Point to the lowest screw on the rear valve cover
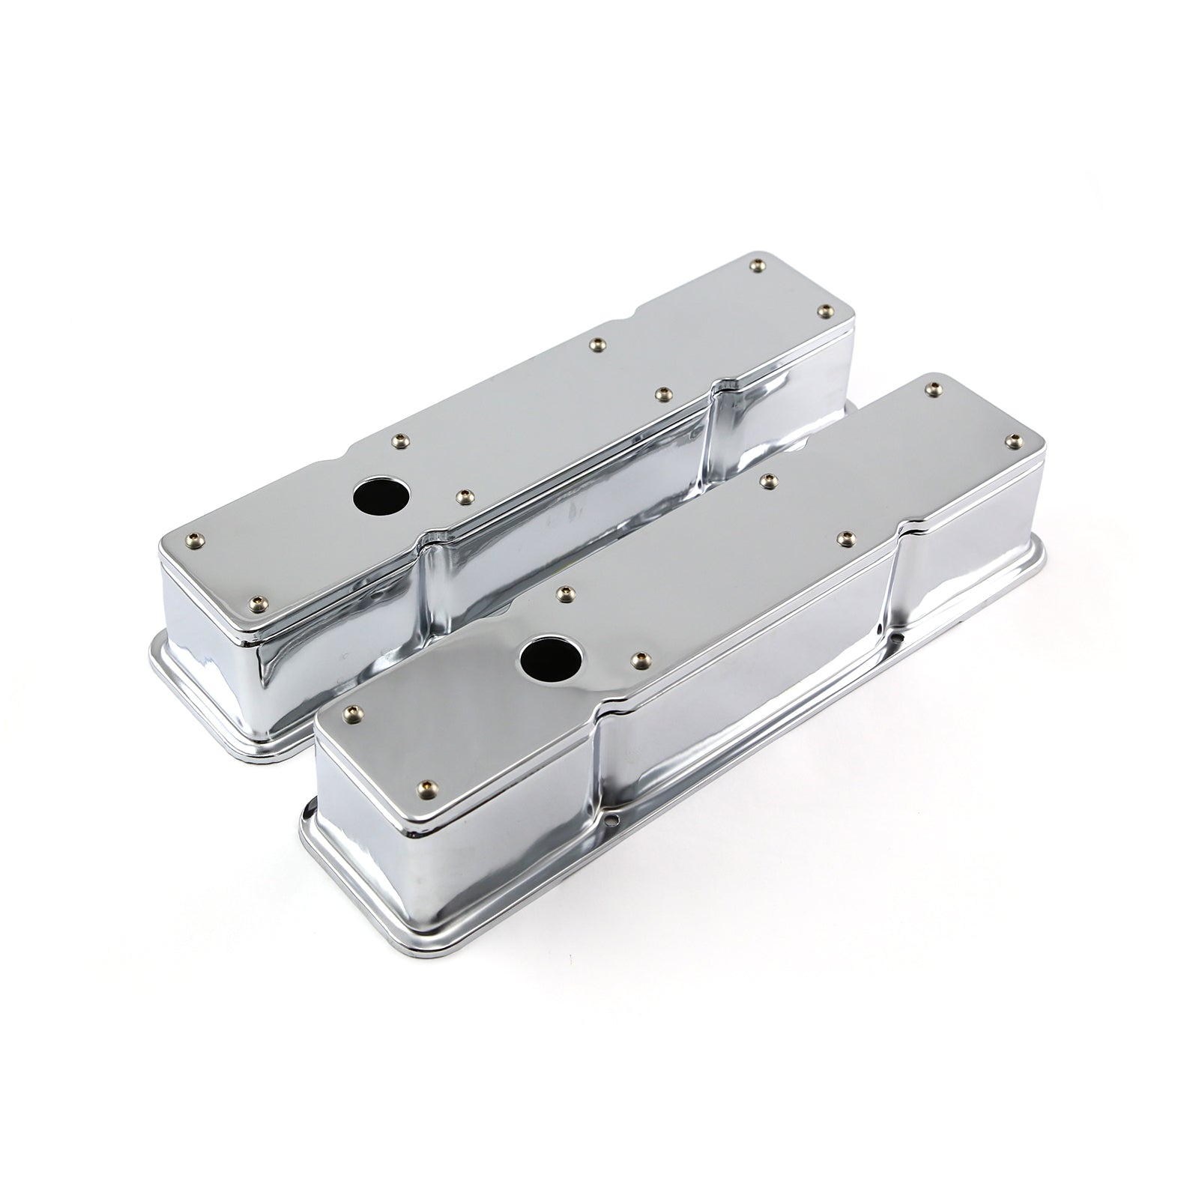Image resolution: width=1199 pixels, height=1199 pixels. click(x=259, y=579)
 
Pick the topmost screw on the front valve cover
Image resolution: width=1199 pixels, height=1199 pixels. click(x=933, y=388)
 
